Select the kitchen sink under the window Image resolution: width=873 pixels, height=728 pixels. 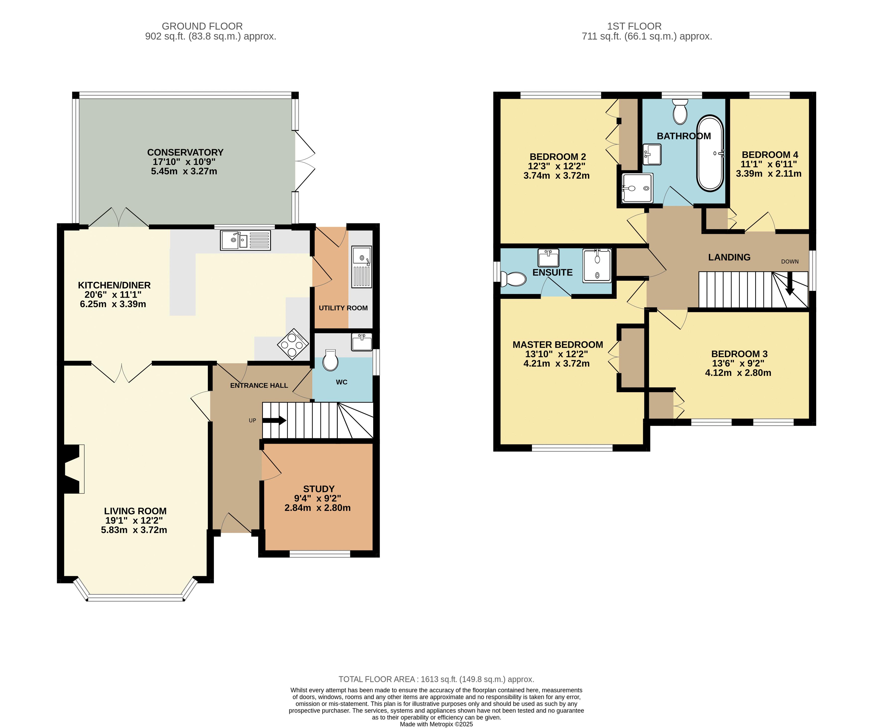point(245,240)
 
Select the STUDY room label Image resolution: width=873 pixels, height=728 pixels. point(319,489)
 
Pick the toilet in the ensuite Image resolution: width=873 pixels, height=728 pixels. point(513,279)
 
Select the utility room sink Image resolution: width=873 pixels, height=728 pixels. point(362,267)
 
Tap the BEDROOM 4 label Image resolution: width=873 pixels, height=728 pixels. point(770,155)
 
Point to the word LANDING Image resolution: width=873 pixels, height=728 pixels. point(729,257)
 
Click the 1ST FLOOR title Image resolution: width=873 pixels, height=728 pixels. point(634,26)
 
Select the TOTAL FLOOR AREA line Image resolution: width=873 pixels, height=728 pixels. point(436,679)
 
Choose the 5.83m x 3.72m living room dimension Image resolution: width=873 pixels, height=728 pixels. point(134,530)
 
